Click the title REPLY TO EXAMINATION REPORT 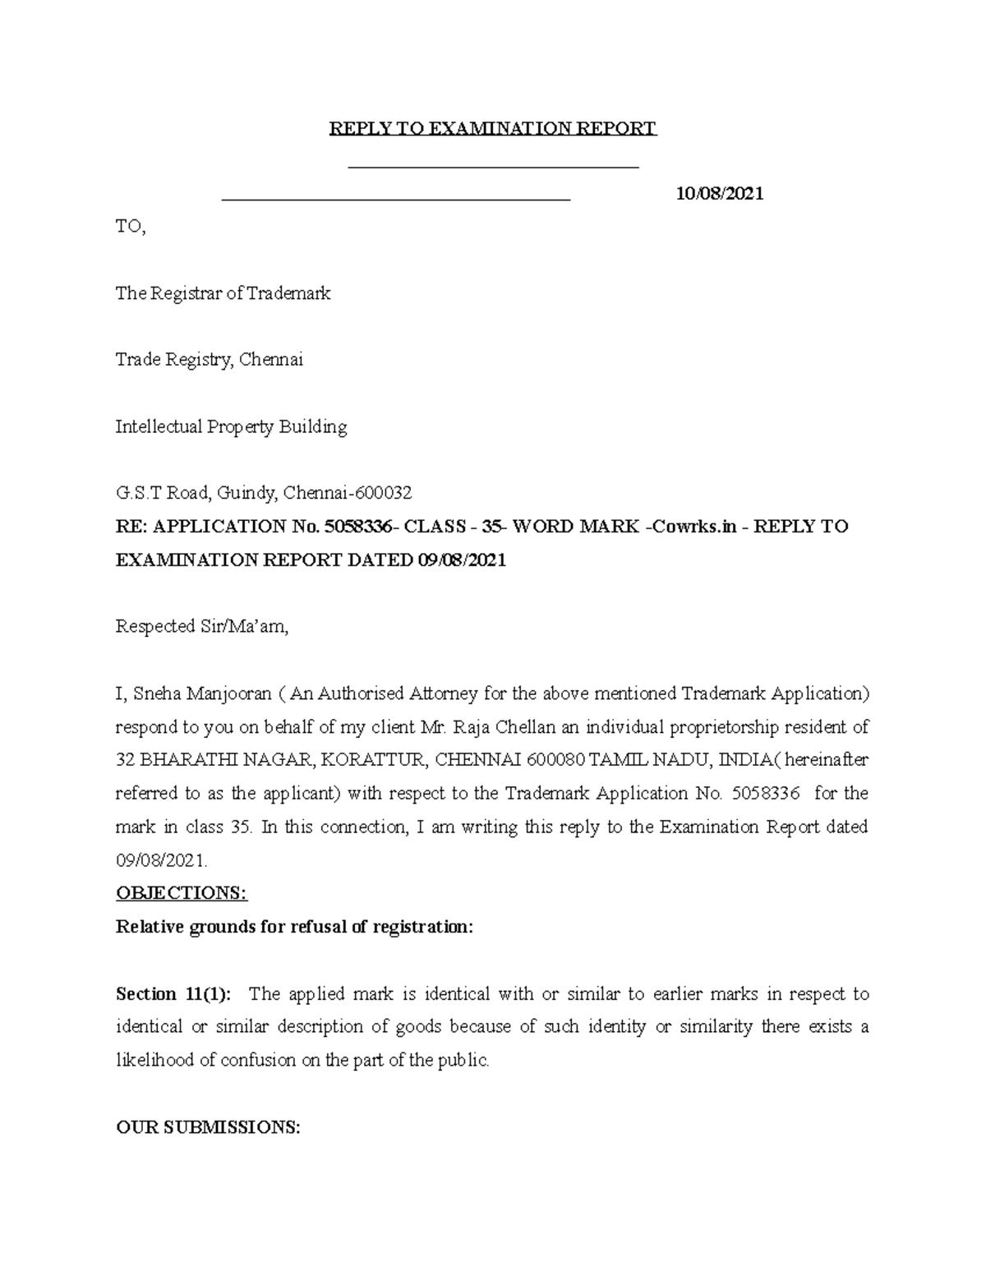point(493,129)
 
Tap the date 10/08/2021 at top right point(719,194)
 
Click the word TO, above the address point(131,227)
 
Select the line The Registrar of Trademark point(223,293)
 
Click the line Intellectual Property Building point(231,426)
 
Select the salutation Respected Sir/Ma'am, point(202,627)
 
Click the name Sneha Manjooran point(200,693)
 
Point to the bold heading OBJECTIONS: point(182,893)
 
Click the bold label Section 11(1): point(173,993)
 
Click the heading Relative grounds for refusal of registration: point(295,927)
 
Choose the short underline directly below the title point(494,168)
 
